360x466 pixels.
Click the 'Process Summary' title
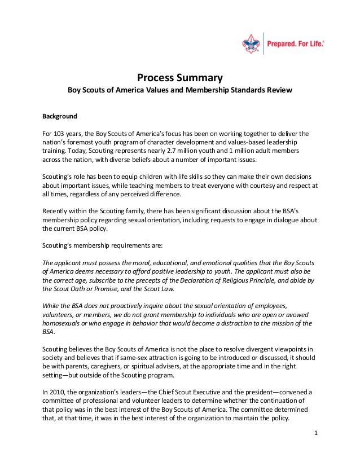tap(180, 77)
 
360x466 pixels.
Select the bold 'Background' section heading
tap(60, 117)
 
